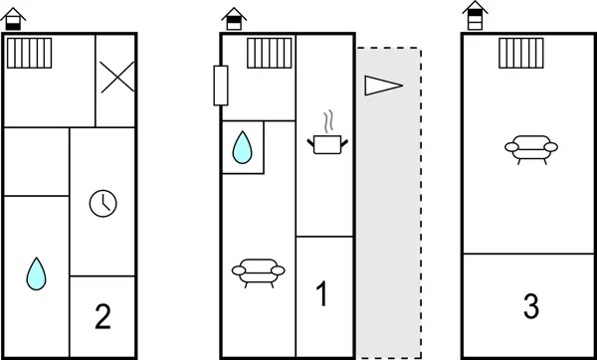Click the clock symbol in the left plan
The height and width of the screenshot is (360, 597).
pos(101,203)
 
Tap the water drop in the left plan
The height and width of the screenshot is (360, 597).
pos(36,271)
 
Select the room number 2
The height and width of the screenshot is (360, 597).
pos(101,318)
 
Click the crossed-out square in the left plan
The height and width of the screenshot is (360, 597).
pos(115,79)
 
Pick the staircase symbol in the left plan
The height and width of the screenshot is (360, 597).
pos(29,53)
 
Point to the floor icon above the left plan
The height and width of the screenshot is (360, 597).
pos(17,19)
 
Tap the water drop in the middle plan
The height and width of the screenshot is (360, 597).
pos(242,149)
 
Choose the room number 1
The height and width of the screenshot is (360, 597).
pos(322,293)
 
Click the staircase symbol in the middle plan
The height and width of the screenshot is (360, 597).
pos(265,53)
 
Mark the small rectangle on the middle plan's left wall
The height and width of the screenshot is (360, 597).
pos(221,87)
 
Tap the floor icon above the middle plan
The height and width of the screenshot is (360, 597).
pos(232,18)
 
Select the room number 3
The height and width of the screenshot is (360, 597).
pos(529,306)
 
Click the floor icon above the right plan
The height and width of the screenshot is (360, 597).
pos(477,15)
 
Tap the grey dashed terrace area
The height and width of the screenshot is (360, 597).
pos(389,219)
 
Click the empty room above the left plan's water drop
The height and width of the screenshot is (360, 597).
pos(37,161)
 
